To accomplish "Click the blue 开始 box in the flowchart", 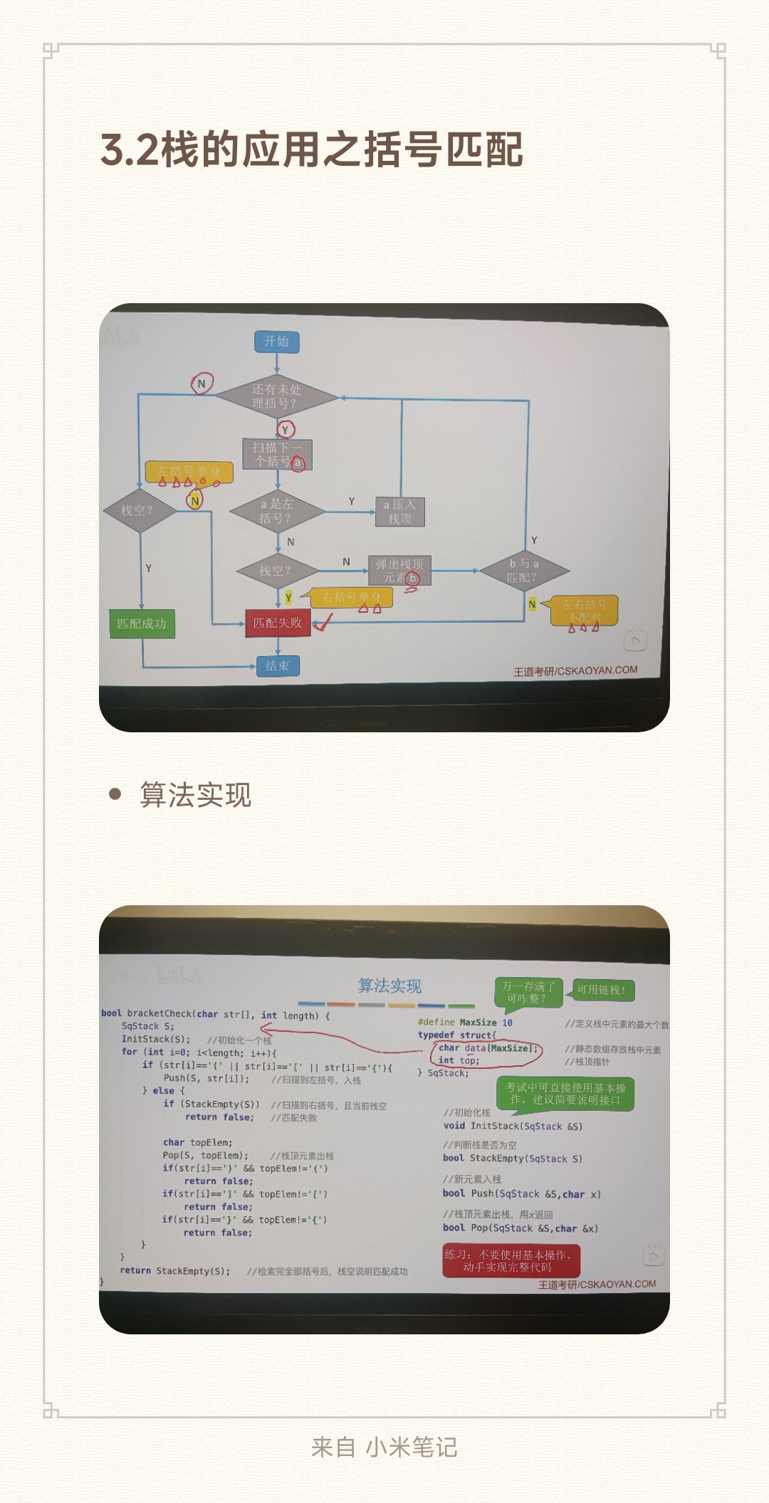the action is click(277, 342).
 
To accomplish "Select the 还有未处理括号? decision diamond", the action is click(277, 396).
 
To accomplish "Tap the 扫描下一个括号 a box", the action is click(277, 455).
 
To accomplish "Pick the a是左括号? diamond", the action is click(277, 511).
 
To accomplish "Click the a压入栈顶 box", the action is click(399, 512).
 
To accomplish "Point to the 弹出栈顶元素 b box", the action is click(399, 571).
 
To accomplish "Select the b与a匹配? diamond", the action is click(524, 570).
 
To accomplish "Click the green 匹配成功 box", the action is click(142, 624).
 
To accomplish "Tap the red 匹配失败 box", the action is click(278, 623).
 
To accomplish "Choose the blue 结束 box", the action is click(278, 666).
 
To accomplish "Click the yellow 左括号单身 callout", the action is click(189, 472).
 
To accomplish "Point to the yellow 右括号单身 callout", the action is click(352, 598).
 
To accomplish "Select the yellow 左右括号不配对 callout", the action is click(585, 611).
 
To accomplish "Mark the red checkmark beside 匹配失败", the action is click(323, 623).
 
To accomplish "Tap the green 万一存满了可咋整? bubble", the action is click(528, 992).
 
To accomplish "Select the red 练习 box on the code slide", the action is click(511, 1260).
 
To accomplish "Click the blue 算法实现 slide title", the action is click(389, 986).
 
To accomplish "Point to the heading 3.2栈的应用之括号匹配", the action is click(312, 149).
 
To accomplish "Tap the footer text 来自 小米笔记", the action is click(384, 1447).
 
